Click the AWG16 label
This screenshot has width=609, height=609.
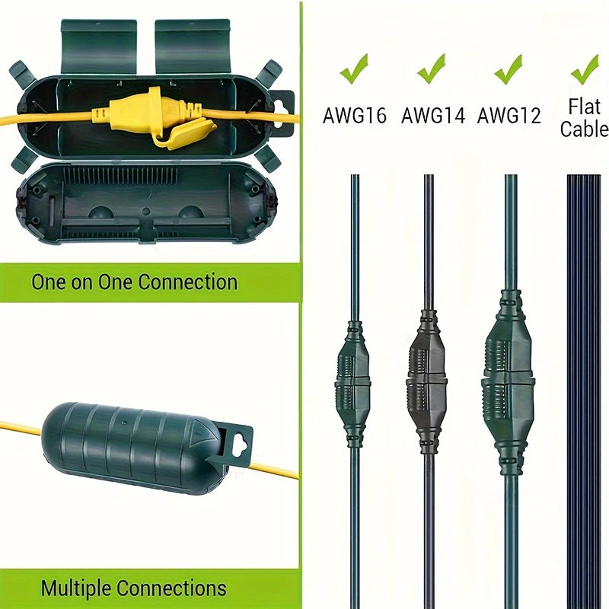point(355,115)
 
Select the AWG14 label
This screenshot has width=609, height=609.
point(432,115)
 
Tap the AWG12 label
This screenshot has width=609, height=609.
point(509,115)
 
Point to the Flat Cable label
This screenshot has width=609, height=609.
point(585,117)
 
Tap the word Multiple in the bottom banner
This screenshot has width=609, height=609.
point(76,588)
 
